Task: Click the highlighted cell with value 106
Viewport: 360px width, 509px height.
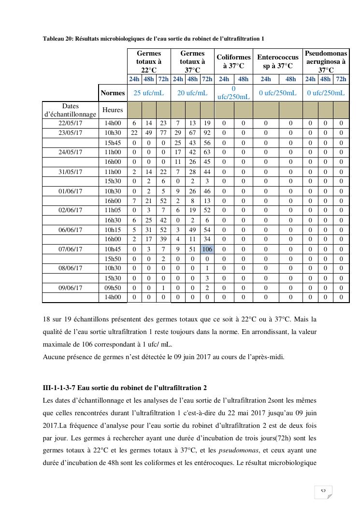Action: (207, 249)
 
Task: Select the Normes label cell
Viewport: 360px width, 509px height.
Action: (113, 93)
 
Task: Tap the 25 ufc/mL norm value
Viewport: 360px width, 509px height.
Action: (149, 93)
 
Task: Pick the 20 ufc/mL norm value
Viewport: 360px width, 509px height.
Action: (192, 93)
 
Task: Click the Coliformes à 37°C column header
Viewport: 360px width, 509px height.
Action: (233, 61)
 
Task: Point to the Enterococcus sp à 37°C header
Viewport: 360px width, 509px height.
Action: (278, 61)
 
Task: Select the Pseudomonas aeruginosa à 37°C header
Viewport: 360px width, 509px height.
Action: (326, 61)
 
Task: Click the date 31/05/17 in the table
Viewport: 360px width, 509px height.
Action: (70, 172)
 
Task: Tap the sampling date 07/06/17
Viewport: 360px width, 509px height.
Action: (70, 249)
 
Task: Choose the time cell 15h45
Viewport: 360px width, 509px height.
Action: (113, 143)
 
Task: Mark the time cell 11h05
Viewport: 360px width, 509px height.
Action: (113, 210)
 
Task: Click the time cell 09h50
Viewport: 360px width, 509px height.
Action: (113, 288)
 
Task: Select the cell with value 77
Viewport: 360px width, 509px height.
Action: (163, 133)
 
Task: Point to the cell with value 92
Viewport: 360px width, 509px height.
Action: (207, 133)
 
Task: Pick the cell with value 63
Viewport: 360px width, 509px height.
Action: (207, 152)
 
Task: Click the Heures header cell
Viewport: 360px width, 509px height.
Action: (113, 110)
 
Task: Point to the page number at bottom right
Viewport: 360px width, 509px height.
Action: (323, 492)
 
